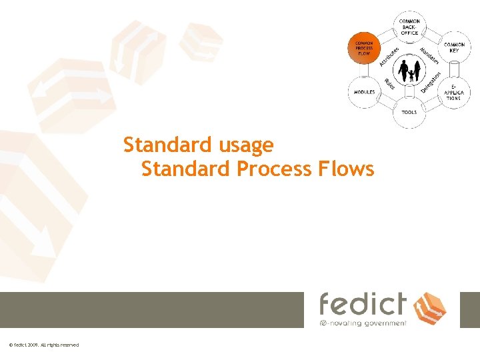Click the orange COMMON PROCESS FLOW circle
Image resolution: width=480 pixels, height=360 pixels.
pyautogui.click(x=363, y=49)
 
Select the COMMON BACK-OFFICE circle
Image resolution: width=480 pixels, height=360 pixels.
pyautogui.click(x=409, y=27)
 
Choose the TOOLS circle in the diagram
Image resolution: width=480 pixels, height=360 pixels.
pyautogui.click(x=409, y=113)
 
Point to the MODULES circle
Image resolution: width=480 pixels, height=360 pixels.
pyautogui.click(x=364, y=92)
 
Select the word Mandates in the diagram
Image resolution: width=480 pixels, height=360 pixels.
pyautogui.click(x=429, y=56)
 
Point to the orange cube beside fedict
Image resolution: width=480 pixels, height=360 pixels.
pyautogui.click(x=430, y=307)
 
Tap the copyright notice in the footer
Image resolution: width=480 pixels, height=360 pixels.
pyautogui.click(x=44, y=345)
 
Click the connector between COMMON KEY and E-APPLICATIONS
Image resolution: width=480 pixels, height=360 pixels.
pyautogui.click(x=455, y=69)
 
